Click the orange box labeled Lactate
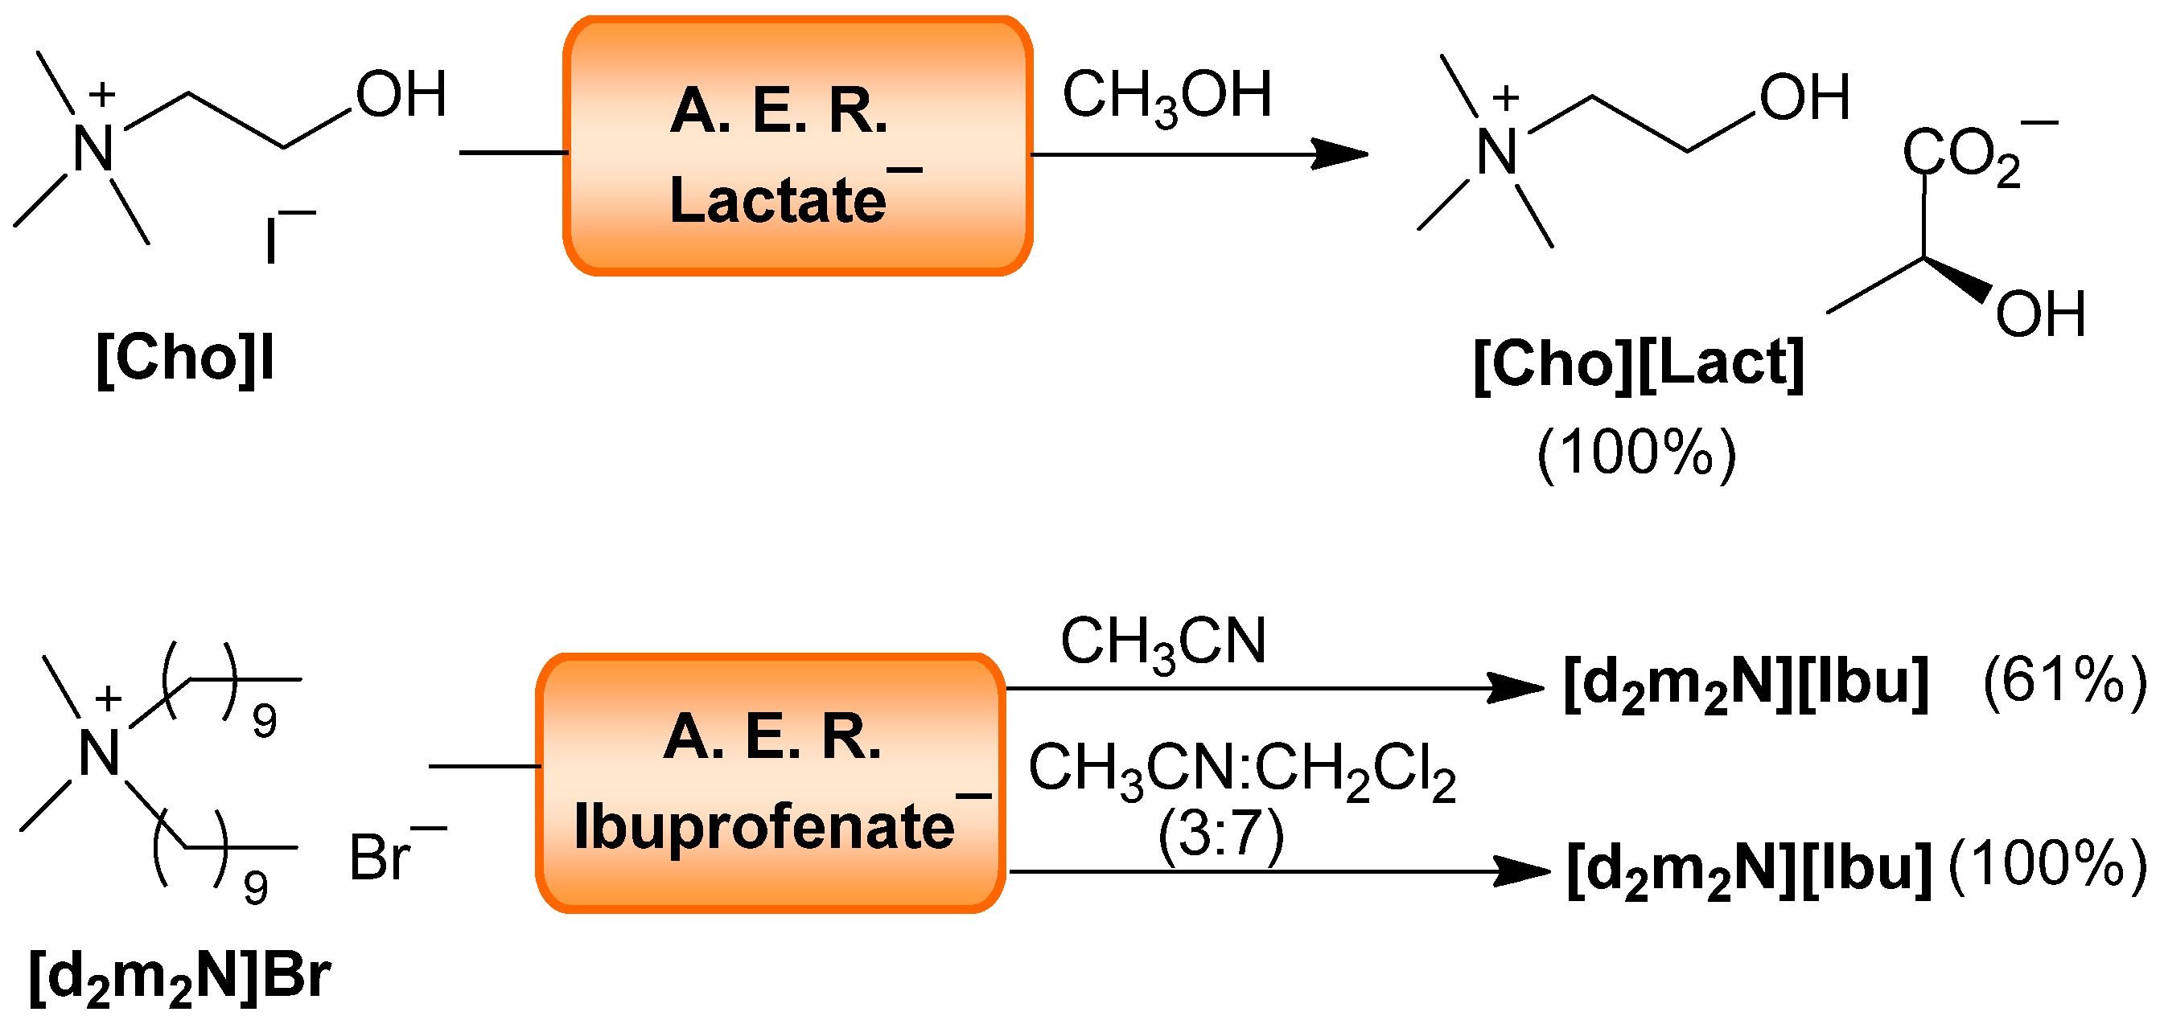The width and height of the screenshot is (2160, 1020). coord(797,146)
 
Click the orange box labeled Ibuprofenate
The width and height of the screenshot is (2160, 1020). coord(770,783)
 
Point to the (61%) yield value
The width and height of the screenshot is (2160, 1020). coord(2063,681)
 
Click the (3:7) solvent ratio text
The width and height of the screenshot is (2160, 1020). coord(1221,836)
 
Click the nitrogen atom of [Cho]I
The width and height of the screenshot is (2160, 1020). coord(93,150)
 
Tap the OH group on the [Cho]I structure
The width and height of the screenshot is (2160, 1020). coord(401,95)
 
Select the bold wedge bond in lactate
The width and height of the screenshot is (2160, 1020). coord(1959,280)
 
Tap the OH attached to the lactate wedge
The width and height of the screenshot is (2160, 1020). coord(2039,315)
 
